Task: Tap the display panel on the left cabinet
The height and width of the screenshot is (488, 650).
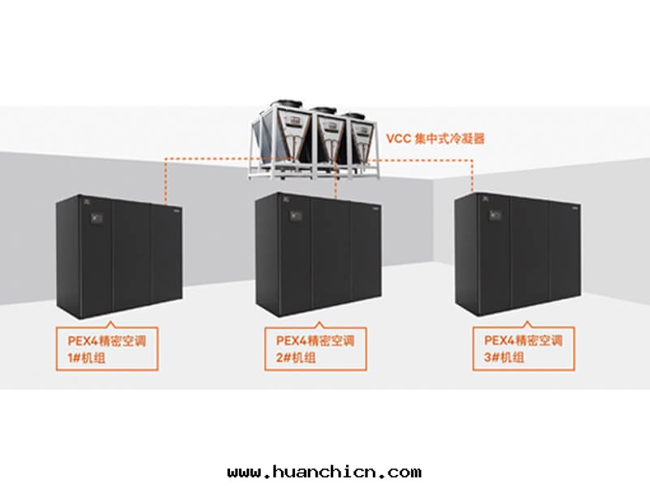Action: tap(96, 217)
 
